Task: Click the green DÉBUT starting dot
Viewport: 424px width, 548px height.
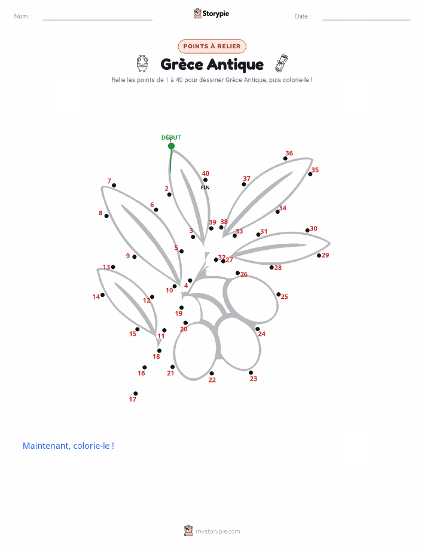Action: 171,146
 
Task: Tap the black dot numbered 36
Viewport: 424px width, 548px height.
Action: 285,158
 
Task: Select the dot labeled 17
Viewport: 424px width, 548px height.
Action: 135,394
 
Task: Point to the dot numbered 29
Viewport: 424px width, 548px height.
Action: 319,256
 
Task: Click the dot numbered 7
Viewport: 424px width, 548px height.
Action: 114,185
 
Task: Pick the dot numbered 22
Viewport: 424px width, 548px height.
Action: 212,374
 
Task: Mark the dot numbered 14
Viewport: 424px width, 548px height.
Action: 102,295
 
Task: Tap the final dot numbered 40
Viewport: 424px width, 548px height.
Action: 205,180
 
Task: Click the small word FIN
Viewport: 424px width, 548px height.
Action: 205,187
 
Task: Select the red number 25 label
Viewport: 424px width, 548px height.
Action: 285,297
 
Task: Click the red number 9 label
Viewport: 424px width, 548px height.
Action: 128,256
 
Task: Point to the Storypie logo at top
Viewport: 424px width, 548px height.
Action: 211,14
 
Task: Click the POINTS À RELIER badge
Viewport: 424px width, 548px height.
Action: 212,46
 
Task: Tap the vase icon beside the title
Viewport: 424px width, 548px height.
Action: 142,63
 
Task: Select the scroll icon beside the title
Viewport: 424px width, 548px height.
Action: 282,63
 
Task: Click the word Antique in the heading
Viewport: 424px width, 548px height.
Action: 235,65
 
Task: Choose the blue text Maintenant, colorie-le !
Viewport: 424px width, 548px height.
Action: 68,446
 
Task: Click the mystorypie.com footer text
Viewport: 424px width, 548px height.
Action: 218,531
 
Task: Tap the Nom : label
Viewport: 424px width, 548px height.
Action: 22,16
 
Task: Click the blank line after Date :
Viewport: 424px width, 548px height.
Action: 366,20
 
